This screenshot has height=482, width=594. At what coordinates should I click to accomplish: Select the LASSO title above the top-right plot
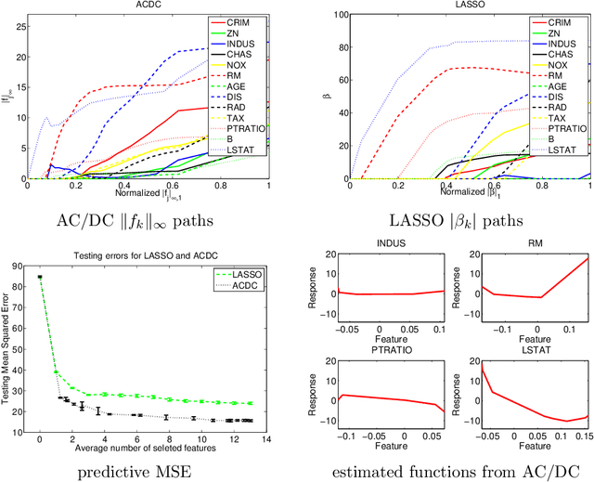pos(441,5)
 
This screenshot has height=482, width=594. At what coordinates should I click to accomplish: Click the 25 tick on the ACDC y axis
pos(20,15)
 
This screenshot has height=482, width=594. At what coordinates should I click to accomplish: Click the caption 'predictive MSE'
pos(149,470)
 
